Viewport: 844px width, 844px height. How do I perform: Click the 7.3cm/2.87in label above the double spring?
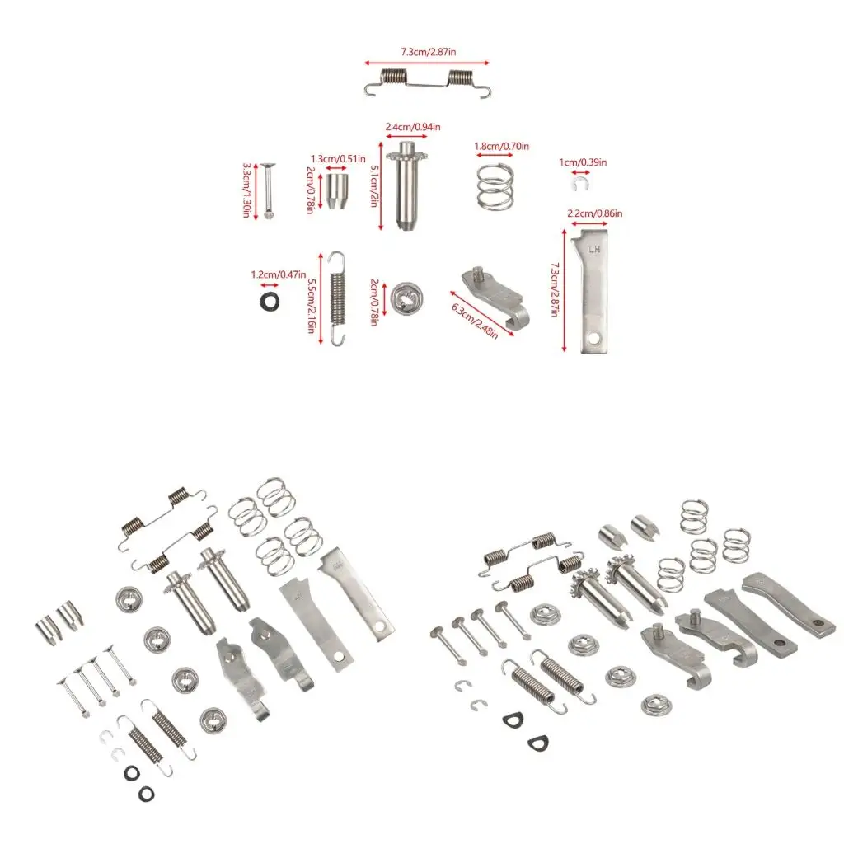pyautogui.click(x=428, y=52)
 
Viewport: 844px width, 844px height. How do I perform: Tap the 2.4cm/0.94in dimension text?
pyautogui.click(x=413, y=127)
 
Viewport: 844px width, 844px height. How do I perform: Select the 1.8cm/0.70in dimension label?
pyautogui.click(x=502, y=146)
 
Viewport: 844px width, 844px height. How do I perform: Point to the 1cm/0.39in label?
pyautogui.click(x=583, y=162)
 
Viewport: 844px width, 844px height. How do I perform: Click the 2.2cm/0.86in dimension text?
pyautogui.click(x=595, y=213)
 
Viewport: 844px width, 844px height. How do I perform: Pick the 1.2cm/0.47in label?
pyautogui.click(x=279, y=274)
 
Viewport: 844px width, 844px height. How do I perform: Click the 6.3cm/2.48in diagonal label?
pyautogui.click(x=474, y=321)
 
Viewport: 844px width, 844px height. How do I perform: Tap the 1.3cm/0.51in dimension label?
pyautogui.click(x=338, y=159)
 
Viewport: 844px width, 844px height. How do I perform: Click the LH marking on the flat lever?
pyautogui.click(x=594, y=250)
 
